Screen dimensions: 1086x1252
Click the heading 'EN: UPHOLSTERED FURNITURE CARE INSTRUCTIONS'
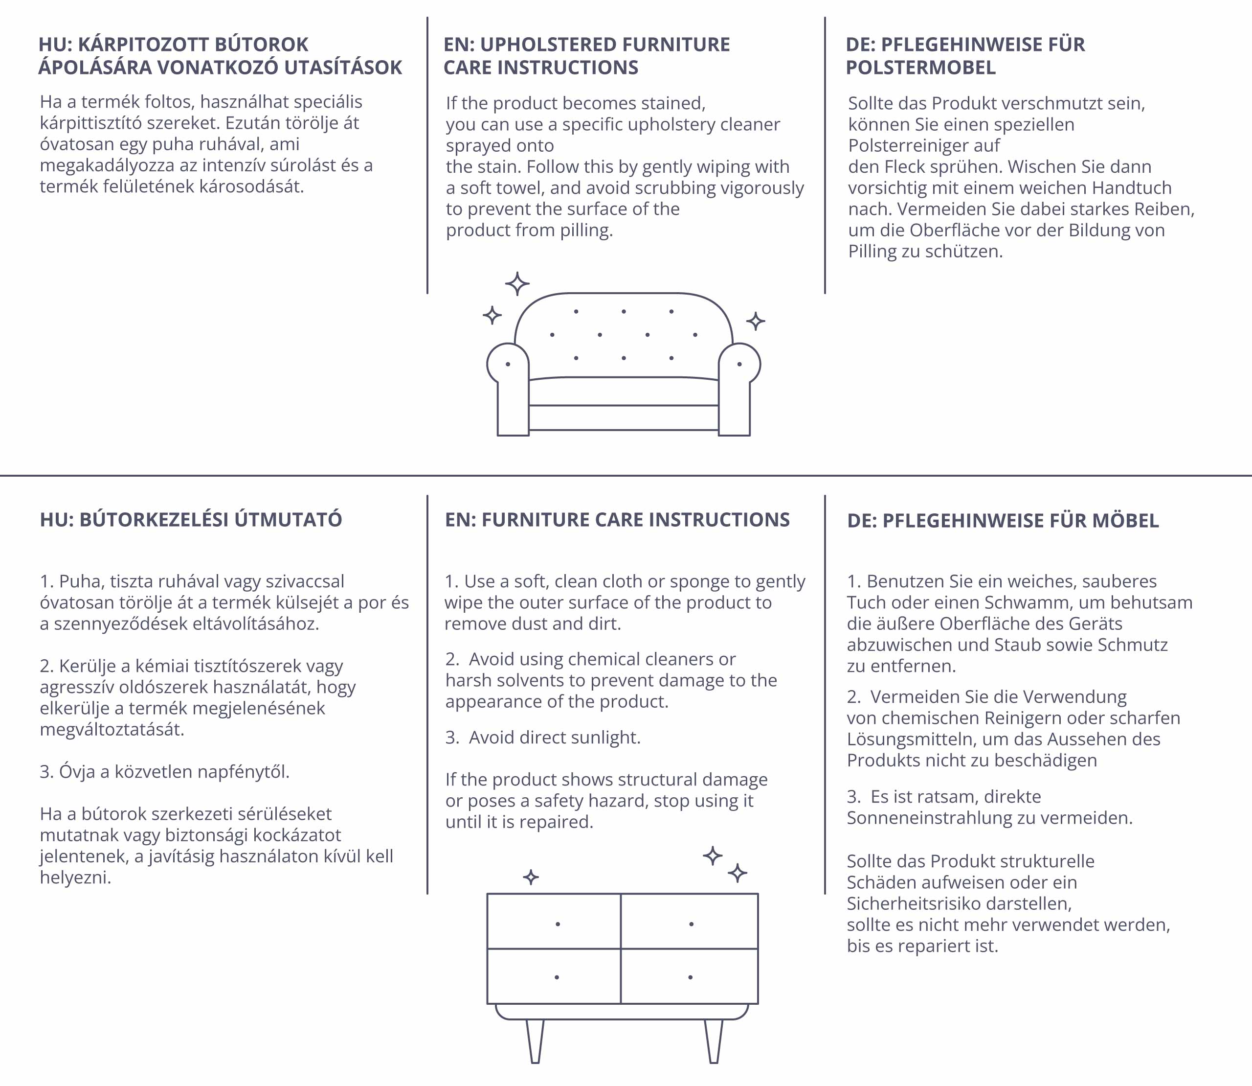pos(586,56)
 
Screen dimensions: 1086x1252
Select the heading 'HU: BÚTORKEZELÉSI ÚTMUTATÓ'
pos(191,519)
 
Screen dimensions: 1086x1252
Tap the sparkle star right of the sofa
pos(755,321)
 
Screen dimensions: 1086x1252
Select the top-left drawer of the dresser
pos(554,921)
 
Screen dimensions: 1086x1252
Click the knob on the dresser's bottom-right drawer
pos(691,977)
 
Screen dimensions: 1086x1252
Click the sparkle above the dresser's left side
pos(531,877)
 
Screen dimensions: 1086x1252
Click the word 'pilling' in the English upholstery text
pos(586,231)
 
